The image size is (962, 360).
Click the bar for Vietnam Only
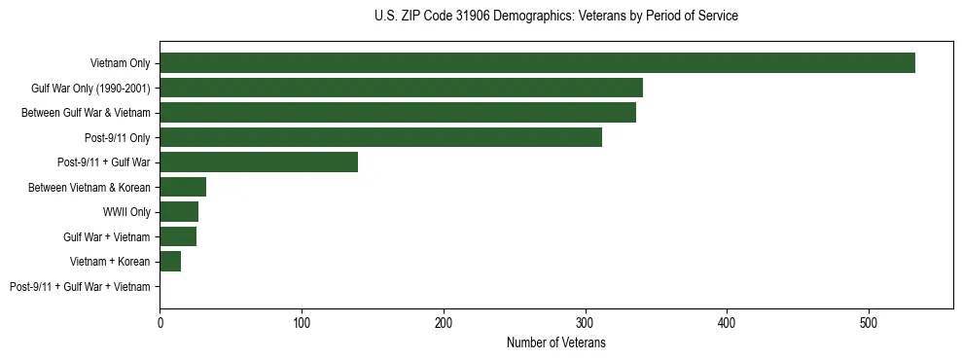(537, 63)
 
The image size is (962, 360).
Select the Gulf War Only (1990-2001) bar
(401, 89)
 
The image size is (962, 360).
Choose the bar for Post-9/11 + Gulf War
(259, 162)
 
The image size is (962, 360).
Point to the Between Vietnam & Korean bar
(183, 187)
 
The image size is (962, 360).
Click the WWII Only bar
(179, 212)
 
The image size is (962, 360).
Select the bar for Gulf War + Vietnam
(178, 236)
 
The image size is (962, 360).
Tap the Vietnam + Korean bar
(170, 261)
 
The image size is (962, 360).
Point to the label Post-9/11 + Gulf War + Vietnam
(80, 287)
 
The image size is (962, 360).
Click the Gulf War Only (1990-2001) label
(90, 89)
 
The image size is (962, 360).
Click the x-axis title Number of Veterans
(556, 343)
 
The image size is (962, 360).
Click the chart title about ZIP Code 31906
(556, 17)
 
